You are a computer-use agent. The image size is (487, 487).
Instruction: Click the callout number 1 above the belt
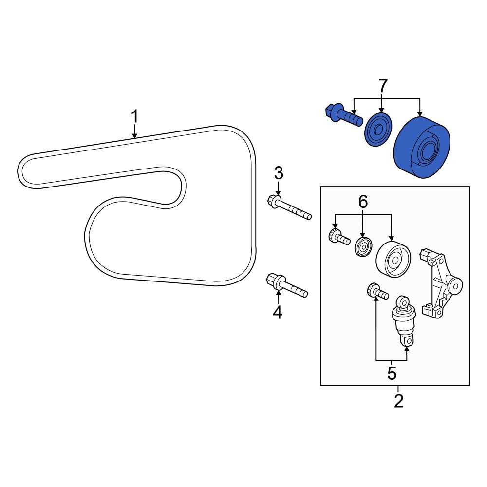(x=134, y=117)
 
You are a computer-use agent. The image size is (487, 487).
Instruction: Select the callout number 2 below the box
(x=398, y=401)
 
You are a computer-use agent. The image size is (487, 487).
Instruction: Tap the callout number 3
(x=279, y=173)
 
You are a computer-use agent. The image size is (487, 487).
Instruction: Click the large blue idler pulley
(x=421, y=147)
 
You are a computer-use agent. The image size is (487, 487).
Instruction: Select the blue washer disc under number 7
(x=378, y=130)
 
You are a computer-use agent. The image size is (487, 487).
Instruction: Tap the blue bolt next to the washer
(x=344, y=116)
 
